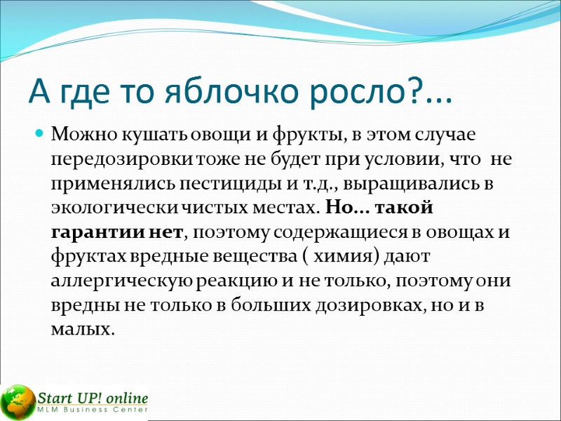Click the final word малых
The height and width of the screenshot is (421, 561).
[x=82, y=330]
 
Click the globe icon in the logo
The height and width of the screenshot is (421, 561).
[x=18, y=399]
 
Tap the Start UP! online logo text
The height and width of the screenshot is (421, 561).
[x=93, y=395]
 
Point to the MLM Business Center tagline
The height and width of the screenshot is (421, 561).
[x=93, y=410]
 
